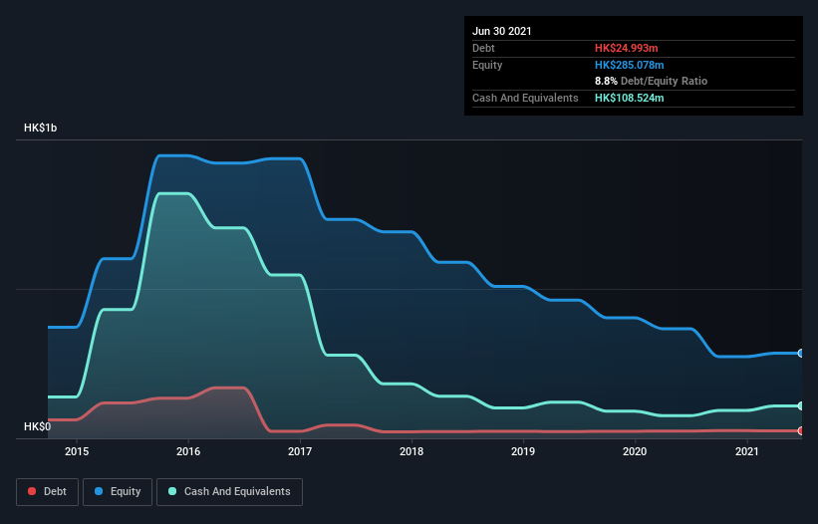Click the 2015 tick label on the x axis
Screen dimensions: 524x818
[x=77, y=451]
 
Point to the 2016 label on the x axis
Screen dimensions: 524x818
[x=188, y=451]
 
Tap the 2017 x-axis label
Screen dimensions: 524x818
[x=300, y=451]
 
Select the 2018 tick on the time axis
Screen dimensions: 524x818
[x=411, y=451]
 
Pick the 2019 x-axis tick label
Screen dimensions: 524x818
[x=523, y=451]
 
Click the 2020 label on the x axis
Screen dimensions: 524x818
[x=635, y=451]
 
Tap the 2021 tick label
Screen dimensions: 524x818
[x=746, y=451]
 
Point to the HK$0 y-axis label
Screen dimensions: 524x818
[x=38, y=427]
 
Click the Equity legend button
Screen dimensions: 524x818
[x=118, y=491]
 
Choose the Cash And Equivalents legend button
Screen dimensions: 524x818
[x=229, y=491]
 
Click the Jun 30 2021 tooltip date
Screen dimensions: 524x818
[x=502, y=31]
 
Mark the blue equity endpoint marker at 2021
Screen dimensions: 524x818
[x=800, y=353]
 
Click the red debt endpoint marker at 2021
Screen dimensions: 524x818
[x=800, y=430]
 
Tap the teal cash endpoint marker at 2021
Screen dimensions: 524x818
[x=800, y=405]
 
